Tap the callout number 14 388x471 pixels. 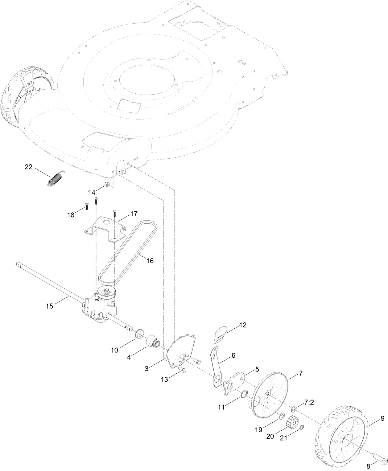click(92, 193)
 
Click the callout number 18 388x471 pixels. click(71, 215)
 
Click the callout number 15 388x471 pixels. click(50, 306)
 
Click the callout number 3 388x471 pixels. click(147, 368)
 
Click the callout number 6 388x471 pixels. click(233, 355)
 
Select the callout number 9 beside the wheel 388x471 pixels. click(382, 418)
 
